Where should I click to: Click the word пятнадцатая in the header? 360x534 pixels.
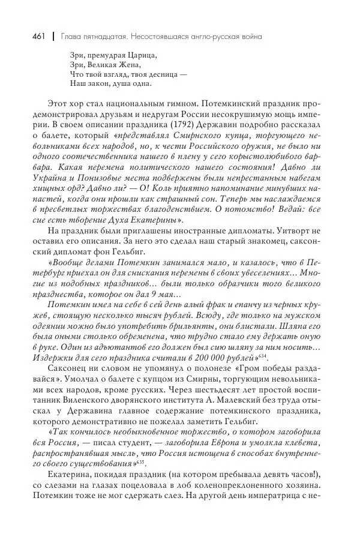(101, 37)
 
